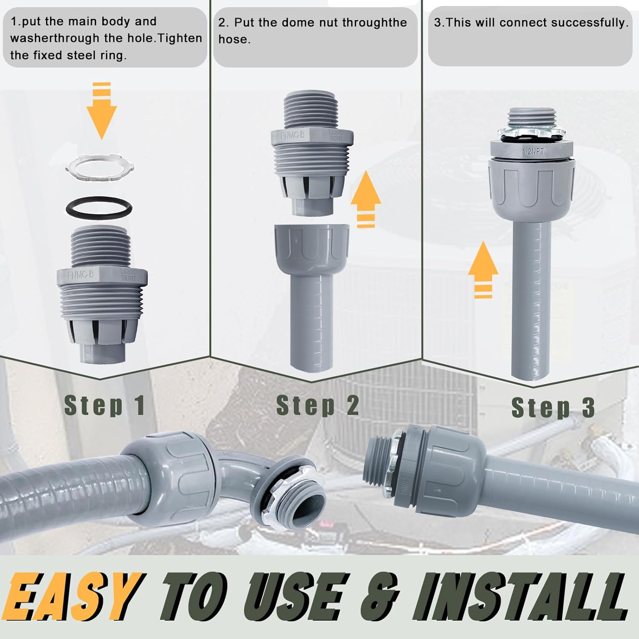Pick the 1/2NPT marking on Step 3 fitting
click(533, 151)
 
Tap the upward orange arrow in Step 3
click(483, 268)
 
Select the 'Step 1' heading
click(104, 405)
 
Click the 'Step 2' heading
click(317, 405)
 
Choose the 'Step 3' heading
click(553, 408)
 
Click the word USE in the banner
click(294, 596)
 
